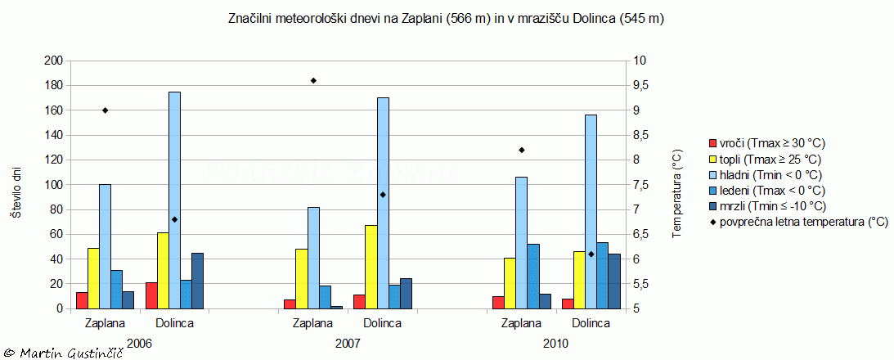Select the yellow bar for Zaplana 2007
point(302,278)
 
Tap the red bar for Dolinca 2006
point(151,295)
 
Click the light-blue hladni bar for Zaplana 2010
point(522,242)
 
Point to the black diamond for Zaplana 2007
point(313,80)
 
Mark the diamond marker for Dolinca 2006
point(174,219)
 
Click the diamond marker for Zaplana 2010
point(521,150)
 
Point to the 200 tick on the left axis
point(53,61)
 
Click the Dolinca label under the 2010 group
point(591,323)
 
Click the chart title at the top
point(445,18)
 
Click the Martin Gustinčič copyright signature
point(62,352)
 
